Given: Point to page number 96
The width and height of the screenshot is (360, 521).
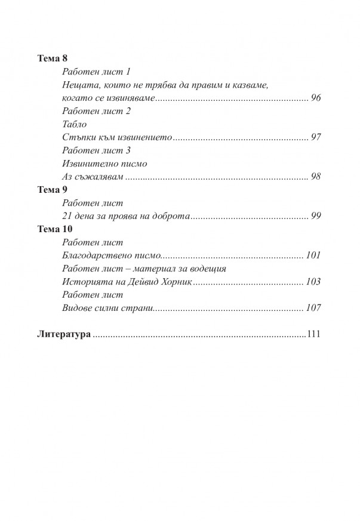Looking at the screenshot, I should pyautogui.click(x=316, y=98).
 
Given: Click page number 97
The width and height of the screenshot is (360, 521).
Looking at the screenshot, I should pyautogui.click(x=316, y=137).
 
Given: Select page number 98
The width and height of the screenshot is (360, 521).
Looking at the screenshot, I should pyautogui.click(x=316, y=177).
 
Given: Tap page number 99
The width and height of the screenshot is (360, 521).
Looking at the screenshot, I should pyautogui.click(x=316, y=216).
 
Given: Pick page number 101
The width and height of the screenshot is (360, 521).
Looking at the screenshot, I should pyautogui.click(x=313, y=255).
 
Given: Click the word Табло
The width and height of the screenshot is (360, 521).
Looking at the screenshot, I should pyautogui.click(x=74, y=124).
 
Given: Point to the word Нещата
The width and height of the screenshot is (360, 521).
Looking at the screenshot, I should pyautogui.click(x=78, y=85).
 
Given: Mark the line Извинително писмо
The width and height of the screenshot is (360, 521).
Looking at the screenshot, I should pyautogui.click(x=104, y=164).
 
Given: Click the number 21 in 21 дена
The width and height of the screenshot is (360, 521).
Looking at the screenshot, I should pyautogui.click(x=67, y=216).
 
